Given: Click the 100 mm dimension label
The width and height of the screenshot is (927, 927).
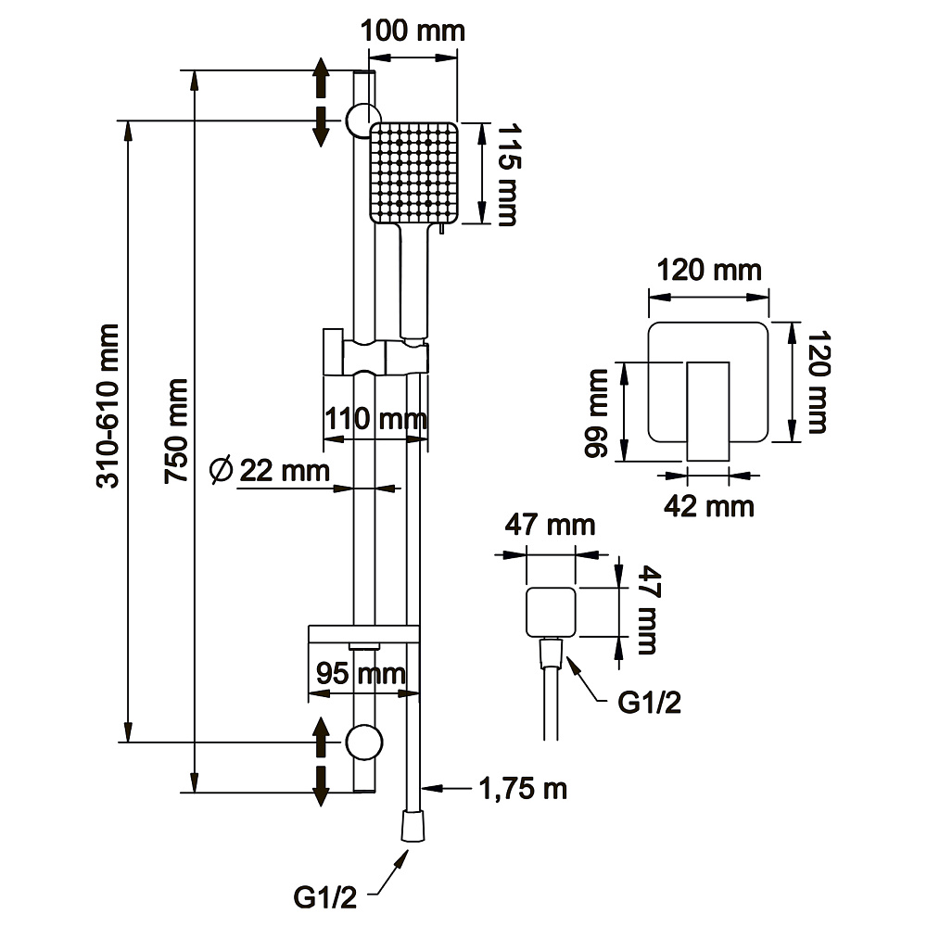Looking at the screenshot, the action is [x=413, y=31].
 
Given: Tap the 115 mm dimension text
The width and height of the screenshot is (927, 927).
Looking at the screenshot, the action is [x=507, y=174].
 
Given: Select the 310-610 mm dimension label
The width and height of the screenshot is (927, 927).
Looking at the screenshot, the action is [x=108, y=406].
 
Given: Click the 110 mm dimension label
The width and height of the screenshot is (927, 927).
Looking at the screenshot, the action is [x=376, y=419].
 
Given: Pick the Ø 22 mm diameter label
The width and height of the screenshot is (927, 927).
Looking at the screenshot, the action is [x=270, y=471].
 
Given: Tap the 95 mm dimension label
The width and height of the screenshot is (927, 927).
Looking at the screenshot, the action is [x=361, y=673].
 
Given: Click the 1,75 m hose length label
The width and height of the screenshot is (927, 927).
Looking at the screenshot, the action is [x=523, y=789].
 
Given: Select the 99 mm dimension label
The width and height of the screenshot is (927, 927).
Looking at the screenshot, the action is [x=596, y=413].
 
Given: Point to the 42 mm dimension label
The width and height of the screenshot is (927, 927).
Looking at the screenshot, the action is [x=709, y=507].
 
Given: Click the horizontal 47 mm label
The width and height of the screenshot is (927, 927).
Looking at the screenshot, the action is [x=550, y=525].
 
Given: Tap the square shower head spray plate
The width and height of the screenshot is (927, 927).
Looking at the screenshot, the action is [x=413, y=173].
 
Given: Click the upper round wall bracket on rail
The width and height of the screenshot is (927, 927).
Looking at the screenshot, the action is [x=363, y=120].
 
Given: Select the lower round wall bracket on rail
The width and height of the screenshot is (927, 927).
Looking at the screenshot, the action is [x=363, y=742].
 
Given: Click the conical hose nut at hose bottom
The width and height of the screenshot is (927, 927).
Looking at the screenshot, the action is [x=413, y=825].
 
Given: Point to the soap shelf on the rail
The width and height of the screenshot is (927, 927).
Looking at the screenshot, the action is [x=363, y=634].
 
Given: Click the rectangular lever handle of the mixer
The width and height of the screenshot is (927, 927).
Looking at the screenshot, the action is [x=707, y=412].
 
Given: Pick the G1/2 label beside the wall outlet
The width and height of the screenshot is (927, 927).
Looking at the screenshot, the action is [x=649, y=703].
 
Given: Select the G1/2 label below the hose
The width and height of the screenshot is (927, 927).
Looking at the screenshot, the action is [x=325, y=897].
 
